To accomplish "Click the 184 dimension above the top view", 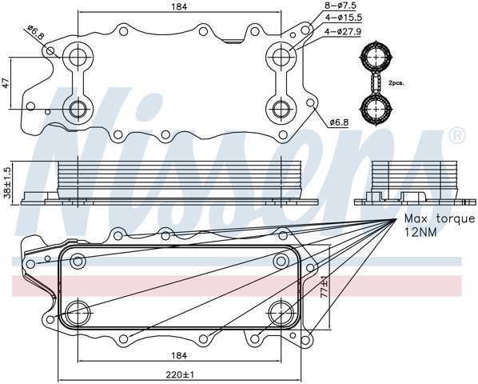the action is (x=179, y=6).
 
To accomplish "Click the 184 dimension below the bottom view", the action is (x=179, y=355).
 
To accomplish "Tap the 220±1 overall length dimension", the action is (x=180, y=374).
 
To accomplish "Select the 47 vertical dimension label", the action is (x=6, y=83).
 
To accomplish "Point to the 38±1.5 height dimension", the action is (x=6, y=182).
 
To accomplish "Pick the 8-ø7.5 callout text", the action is (x=341, y=5).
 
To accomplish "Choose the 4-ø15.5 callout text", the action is (x=343, y=18).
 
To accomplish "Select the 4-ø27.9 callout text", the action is (x=343, y=31).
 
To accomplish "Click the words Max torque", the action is (x=440, y=218).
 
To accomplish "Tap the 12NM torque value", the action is (x=420, y=232).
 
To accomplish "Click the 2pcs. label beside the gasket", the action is (x=396, y=83).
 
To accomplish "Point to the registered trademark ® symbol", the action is (x=457, y=135).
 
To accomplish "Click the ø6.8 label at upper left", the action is (x=35, y=33).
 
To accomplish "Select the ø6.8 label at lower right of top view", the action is (x=339, y=122).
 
